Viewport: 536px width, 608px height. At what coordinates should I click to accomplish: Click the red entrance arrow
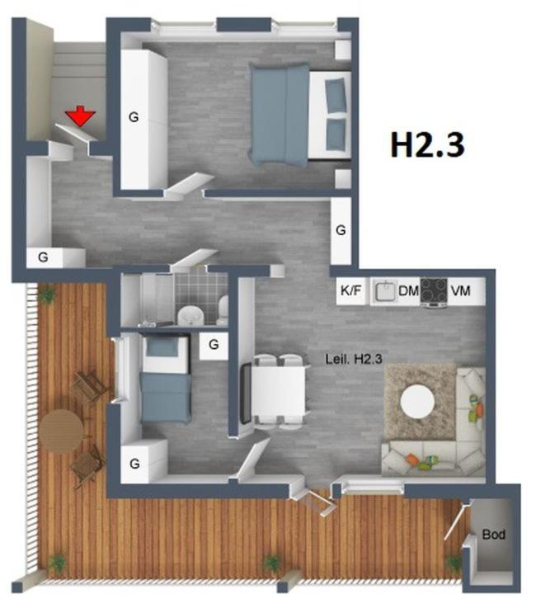click(80, 116)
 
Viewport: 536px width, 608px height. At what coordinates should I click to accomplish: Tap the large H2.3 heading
click(427, 144)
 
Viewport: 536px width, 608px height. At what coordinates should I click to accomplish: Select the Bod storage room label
click(493, 535)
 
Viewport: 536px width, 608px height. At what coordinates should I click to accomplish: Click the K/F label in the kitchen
click(350, 290)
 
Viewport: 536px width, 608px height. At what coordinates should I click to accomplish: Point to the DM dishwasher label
click(408, 290)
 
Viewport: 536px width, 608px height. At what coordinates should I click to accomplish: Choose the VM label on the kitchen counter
click(460, 290)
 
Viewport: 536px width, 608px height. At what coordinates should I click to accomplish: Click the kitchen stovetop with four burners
click(434, 291)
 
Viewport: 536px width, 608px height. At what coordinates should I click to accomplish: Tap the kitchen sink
click(384, 291)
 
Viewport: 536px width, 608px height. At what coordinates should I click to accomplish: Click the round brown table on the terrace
click(61, 431)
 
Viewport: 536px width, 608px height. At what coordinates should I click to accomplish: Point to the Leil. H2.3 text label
click(354, 359)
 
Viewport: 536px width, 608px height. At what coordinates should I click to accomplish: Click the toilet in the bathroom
click(223, 310)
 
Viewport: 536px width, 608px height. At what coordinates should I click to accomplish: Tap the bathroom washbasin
click(190, 315)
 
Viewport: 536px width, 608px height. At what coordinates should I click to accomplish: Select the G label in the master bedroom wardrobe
click(134, 117)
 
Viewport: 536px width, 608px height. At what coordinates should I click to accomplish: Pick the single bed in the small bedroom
click(166, 379)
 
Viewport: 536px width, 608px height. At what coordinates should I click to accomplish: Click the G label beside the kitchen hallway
click(341, 230)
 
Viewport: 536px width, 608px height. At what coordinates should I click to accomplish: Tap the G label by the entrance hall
click(43, 257)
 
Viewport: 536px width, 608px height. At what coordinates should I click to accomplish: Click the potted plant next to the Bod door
click(453, 563)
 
